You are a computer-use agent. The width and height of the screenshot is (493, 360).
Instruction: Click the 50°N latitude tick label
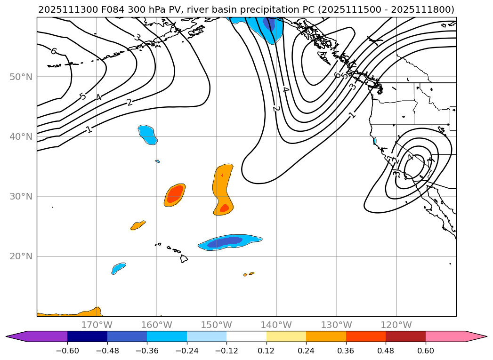[x=21, y=77]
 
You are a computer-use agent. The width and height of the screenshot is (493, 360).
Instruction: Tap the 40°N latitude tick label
[x=21, y=136]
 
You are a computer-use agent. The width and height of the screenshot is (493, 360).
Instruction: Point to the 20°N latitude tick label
[x=21, y=256]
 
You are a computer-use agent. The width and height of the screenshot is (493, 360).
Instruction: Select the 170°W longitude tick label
[x=97, y=325]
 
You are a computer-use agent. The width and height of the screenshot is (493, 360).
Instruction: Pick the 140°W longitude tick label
[x=276, y=325]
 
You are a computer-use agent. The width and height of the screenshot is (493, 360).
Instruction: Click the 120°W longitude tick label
[x=396, y=325]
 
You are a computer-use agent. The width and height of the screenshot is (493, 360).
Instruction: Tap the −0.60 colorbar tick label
[x=67, y=351]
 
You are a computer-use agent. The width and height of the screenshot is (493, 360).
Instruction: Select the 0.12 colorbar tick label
[x=267, y=351]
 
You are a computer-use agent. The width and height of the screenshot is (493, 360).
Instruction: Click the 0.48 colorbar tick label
[x=386, y=351]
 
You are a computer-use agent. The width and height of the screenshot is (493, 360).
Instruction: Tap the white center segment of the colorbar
[x=246, y=336]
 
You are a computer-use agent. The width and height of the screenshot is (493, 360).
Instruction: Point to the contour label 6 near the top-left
[x=53, y=51]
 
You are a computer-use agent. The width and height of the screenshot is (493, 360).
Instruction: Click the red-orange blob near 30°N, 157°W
[x=175, y=194]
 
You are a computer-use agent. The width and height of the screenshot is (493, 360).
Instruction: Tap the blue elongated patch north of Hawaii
[x=230, y=242]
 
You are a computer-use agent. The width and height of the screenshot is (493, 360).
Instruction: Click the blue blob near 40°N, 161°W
[x=147, y=134]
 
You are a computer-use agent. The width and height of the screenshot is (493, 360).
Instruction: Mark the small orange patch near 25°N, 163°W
[x=138, y=225]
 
